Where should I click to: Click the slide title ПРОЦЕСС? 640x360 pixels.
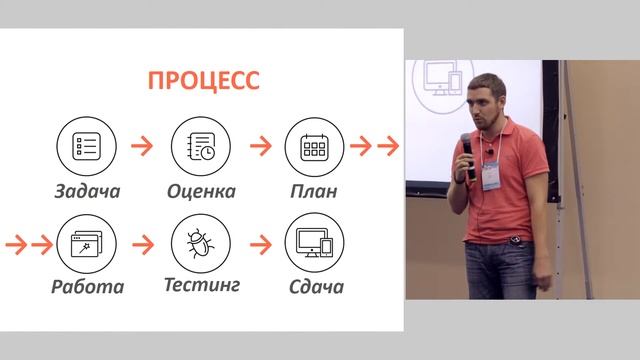click(204, 80)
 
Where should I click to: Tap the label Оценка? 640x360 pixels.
click(201, 191)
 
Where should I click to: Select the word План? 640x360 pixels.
click(314, 191)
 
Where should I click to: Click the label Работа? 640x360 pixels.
click(88, 288)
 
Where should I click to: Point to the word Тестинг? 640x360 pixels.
click(201, 286)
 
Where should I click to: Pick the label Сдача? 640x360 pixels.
click(314, 288)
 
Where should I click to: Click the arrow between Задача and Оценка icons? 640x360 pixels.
click(143, 146)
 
